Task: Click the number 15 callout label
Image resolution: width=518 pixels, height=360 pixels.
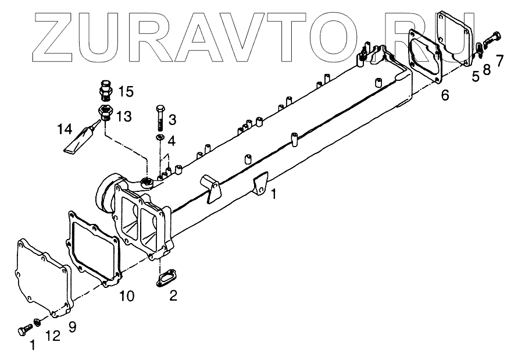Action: tap(126, 91)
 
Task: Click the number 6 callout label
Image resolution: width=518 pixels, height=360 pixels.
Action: tap(445, 95)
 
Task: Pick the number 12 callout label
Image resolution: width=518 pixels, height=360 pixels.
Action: tap(53, 336)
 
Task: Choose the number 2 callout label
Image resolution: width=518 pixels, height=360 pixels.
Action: tap(173, 295)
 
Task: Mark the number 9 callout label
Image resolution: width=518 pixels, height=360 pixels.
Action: tap(72, 326)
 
